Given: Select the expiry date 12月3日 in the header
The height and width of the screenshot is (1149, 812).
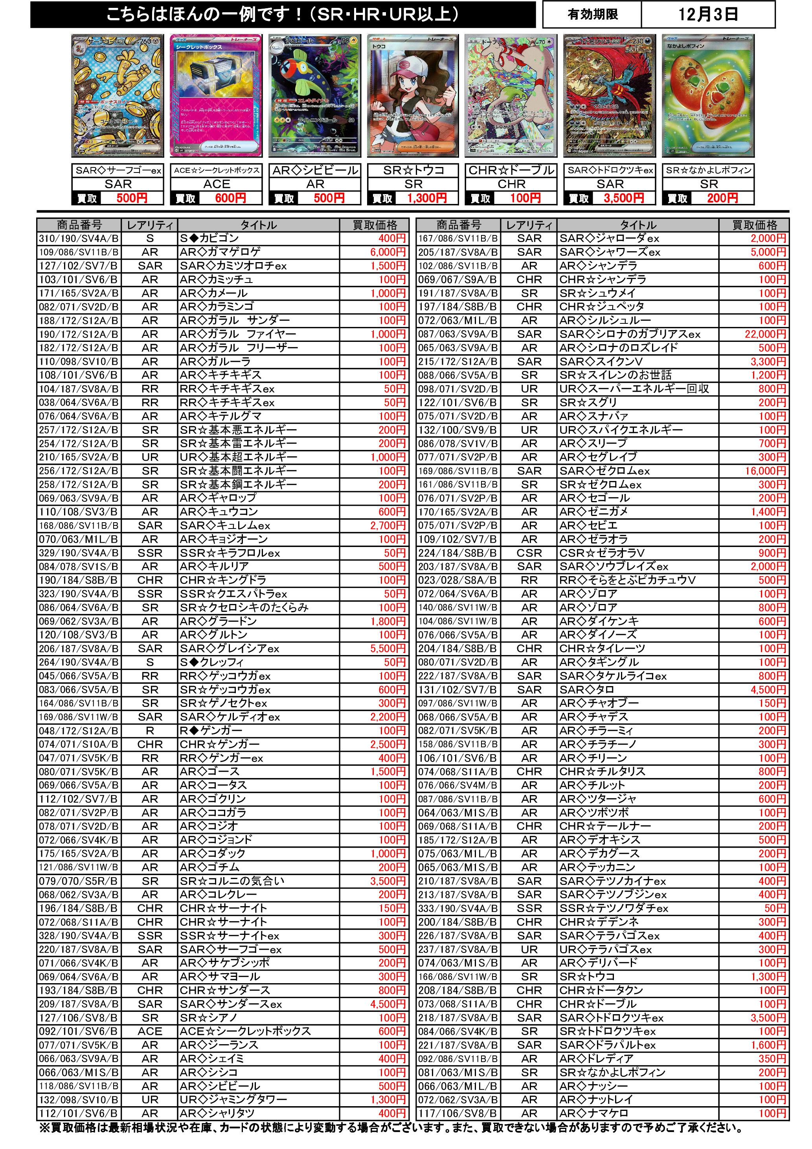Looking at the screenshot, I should point(707,15).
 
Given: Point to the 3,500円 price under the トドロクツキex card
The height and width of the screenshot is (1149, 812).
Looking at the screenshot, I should point(623,198).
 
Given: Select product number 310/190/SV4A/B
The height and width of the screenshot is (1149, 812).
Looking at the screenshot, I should point(79,239).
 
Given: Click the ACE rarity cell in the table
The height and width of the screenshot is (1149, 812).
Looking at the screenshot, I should point(150,1032).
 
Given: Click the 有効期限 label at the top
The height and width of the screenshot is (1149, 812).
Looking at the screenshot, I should point(592,15).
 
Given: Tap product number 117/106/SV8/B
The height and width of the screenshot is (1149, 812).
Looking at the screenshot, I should point(457,1114).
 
